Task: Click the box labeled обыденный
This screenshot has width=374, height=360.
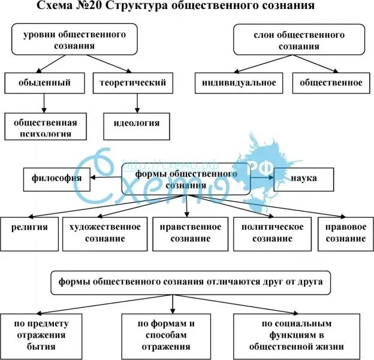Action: click(x=44, y=83)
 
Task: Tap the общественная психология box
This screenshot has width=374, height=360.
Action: click(x=46, y=127)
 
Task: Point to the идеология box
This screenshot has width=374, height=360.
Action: click(x=136, y=124)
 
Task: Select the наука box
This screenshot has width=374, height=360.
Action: click(x=304, y=178)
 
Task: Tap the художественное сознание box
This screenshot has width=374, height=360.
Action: click(x=105, y=233)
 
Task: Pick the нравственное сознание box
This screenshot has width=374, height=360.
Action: click(x=190, y=233)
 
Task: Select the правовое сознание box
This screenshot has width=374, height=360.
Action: click(x=345, y=233)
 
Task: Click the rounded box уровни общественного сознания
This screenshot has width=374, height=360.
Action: click(x=74, y=40)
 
